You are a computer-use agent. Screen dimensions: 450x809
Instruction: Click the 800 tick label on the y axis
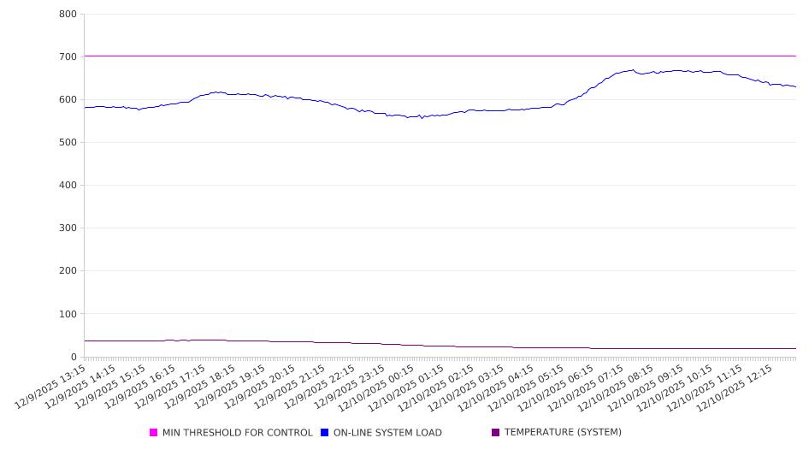click(x=68, y=15)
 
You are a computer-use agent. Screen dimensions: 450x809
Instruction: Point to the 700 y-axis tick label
click(x=68, y=57)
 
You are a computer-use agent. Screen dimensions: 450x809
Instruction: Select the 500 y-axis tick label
click(x=68, y=143)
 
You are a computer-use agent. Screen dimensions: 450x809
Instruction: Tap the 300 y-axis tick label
click(x=68, y=228)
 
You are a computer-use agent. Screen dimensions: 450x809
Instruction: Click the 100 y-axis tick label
click(x=68, y=314)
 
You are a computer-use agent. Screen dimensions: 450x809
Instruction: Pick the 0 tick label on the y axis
click(x=74, y=357)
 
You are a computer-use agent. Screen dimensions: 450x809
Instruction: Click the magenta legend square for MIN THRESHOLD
click(x=154, y=433)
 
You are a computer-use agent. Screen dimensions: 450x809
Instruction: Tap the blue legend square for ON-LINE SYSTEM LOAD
click(x=325, y=433)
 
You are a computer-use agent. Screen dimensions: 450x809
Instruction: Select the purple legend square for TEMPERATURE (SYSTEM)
click(x=495, y=433)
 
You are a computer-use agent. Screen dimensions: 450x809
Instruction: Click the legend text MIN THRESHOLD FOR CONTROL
click(x=237, y=433)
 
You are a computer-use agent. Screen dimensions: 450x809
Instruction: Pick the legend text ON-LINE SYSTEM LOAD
click(x=387, y=433)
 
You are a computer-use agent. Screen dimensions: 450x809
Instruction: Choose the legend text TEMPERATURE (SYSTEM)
click(x=563, y=433)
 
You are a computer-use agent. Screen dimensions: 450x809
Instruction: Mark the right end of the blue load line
click(x=795, y=86)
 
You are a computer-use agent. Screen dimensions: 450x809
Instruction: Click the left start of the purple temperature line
click(x=85, y=341)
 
